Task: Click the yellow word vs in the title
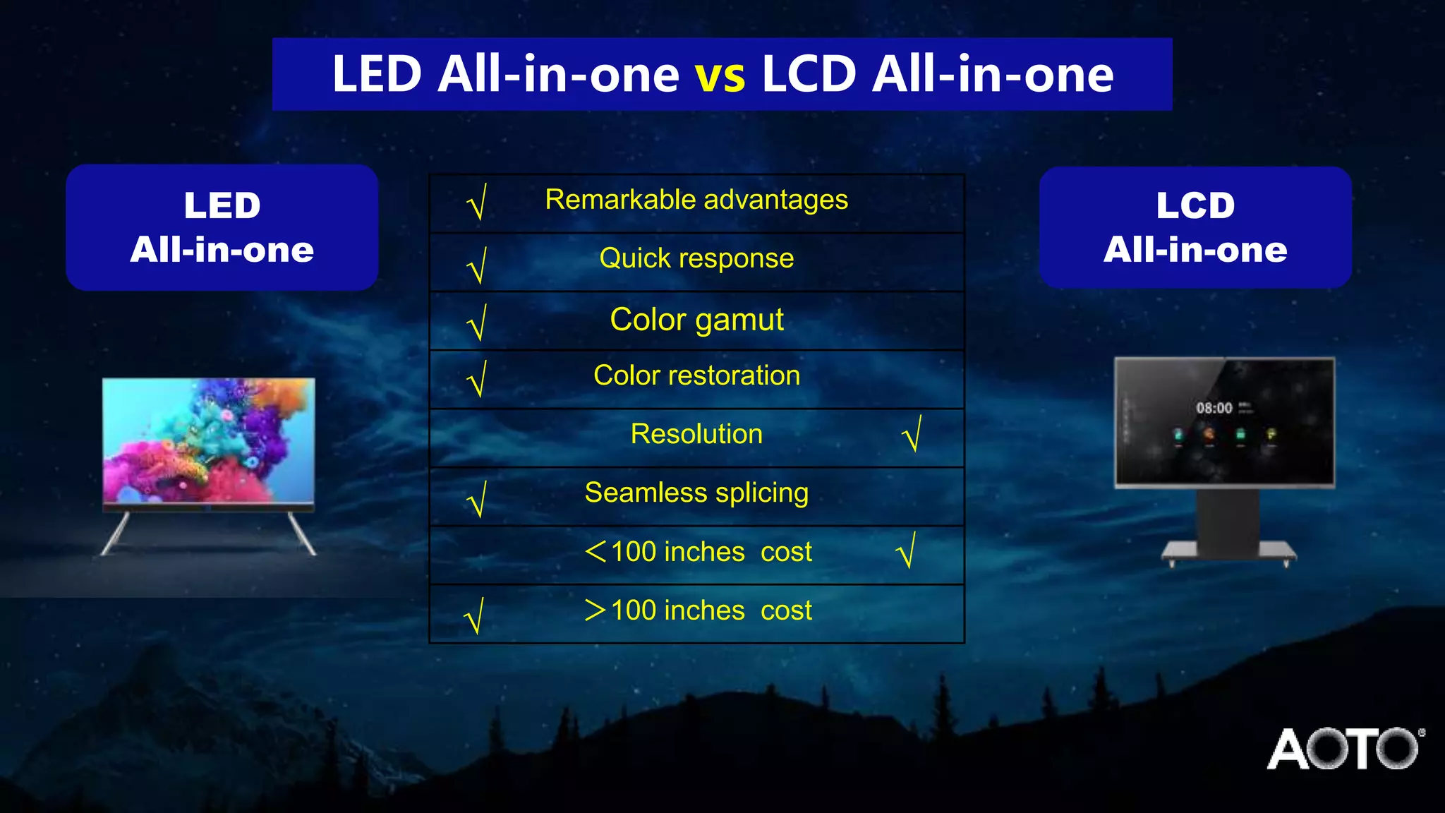coord(720,76)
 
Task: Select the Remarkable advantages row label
coord(696,200)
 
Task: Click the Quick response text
coord(696,259)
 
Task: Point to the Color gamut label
coord(696,320)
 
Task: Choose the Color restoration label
coord(696,375)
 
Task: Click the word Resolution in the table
coord(696,434)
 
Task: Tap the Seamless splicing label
coord(696,493)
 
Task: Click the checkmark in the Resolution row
coord(912,434)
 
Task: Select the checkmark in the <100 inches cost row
coord(907,550)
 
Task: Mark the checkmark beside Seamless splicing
coord(478,499)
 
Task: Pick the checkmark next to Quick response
coord(478,265)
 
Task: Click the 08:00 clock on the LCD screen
coord(1214,408)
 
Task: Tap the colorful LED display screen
coord(209,440)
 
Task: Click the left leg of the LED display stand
coord(116,534)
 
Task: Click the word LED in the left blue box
coord(222,206)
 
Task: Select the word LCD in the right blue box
coord(1195,206)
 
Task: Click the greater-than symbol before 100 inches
coord(595,610)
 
